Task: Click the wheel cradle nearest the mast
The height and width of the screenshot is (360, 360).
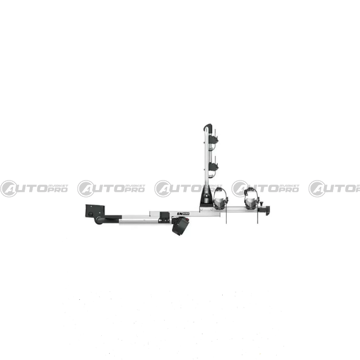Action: tap(221, 199)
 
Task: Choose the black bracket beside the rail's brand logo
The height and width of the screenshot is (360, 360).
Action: tap(164, 215)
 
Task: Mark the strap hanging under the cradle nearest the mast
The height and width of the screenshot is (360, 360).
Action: tap(226, 217)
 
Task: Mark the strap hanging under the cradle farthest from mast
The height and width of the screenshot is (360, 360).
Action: tap(257, 217)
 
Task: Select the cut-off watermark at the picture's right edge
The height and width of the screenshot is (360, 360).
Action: tap(335, 188)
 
